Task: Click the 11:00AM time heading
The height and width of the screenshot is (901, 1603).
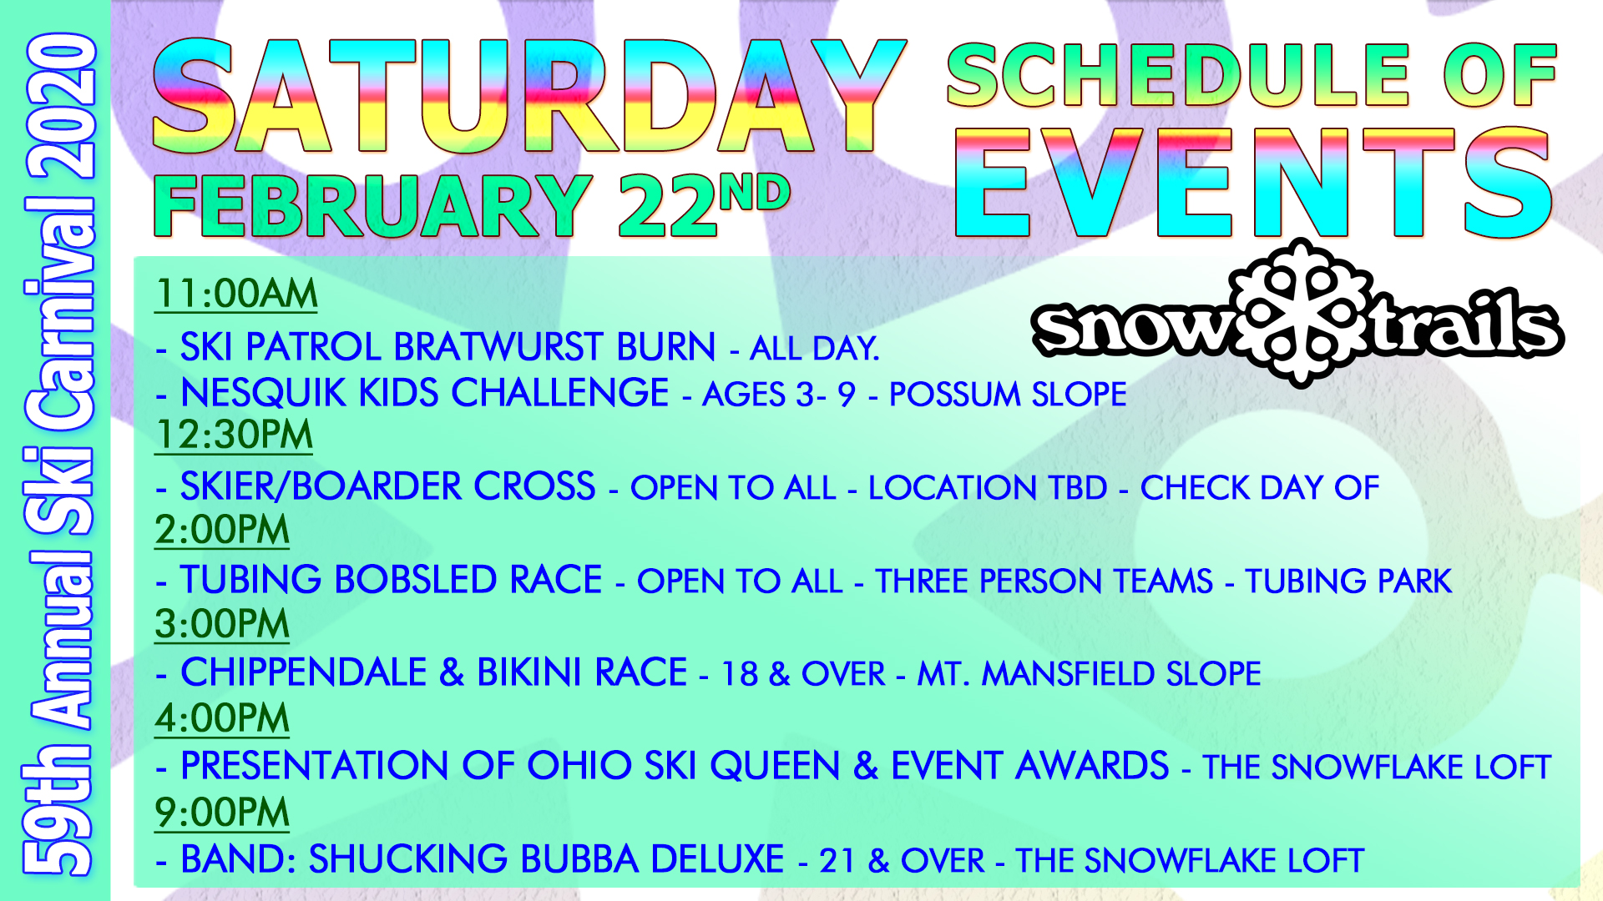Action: click(x=236, y=294)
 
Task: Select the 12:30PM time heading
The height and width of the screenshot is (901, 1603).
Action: click(x=234, y=435)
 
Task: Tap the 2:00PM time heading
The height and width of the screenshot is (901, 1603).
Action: click(x=222, y=530)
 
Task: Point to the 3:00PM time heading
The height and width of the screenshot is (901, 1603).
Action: click(x=222, y=624)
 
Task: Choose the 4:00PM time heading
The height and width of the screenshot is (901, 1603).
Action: click(x=222, y=718)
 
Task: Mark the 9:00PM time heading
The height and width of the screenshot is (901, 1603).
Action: click(x=222, y=813)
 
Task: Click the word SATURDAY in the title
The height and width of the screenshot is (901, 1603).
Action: click(x=529, y=96)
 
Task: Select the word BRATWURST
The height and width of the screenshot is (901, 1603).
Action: click(x=500, y=347)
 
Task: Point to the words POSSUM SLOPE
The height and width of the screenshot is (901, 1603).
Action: click(x=1008, y=395)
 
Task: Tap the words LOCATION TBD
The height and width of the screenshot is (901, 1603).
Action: click(x=988, y=488)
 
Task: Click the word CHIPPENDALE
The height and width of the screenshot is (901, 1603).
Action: click(x=304, y=672)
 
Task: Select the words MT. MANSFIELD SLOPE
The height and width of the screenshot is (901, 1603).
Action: click(x=1090, y=674)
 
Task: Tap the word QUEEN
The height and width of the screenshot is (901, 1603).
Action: click(x=776, y=766)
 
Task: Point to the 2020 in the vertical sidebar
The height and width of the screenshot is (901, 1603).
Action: click(x=60, y=106)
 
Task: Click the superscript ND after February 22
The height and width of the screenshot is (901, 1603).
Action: click(x=755, y=194)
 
